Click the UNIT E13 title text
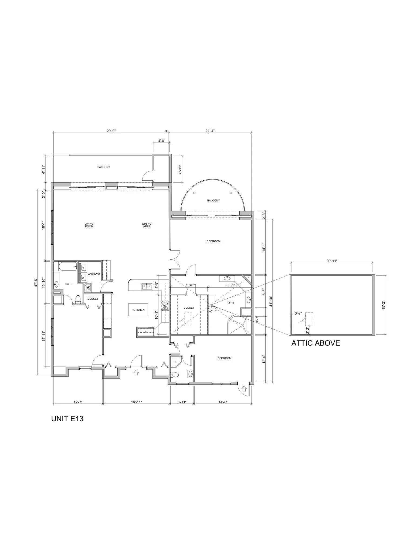67,419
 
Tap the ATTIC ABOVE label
316,343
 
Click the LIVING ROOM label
89,225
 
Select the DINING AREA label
147,225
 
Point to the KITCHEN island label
139,310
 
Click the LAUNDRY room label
94,274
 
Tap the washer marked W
83,268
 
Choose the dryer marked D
83,278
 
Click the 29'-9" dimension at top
111,131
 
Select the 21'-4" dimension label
210,131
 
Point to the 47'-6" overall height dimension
36,282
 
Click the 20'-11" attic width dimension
332,261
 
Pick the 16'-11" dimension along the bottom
137,402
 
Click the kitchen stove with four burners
165,306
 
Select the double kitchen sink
147,286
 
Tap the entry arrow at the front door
136,373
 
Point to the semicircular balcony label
213,200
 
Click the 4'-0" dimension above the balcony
161,141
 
